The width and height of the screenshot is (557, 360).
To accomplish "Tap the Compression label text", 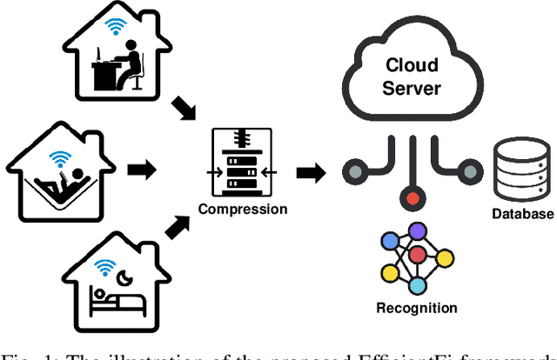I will pos(243,209).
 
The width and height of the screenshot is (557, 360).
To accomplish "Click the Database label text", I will pos(522,214).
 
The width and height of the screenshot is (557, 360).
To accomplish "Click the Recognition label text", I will pos(416,307).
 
